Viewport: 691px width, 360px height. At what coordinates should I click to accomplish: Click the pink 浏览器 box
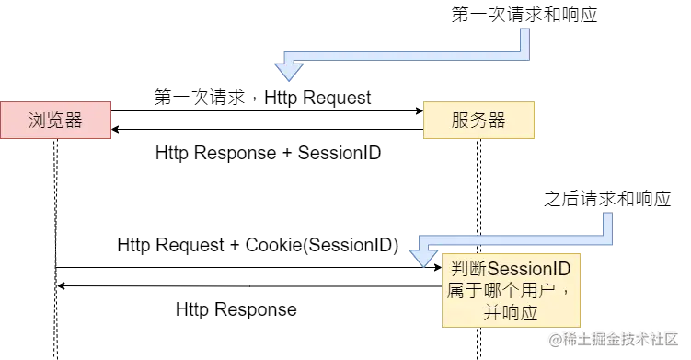pyautogui.click(x=55, y=120)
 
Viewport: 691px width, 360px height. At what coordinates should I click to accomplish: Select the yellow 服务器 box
pyautogui.click(x=478, y=120)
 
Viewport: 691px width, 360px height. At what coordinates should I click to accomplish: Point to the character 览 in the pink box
pyautogui.click(x=55, y=121)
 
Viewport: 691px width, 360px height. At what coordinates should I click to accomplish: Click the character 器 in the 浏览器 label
pyautogui.click(x=74, y=121)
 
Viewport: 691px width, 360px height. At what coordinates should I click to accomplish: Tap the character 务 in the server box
pyautogui.click(x=478, y=121)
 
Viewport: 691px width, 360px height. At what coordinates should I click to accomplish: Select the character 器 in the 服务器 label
pyautogui.click(x=497, y=121)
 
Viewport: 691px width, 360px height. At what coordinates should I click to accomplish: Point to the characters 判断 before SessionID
pyautogui.click(x=467, y=270)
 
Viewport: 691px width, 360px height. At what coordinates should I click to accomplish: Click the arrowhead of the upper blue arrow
pyautogui.click(x=289, y=70)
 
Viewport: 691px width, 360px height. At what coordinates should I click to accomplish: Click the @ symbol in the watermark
pyautogui.click(x=554, y=339)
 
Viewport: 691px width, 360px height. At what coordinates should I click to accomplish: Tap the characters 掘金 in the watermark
pyautogui.click(x=605, y=339)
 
